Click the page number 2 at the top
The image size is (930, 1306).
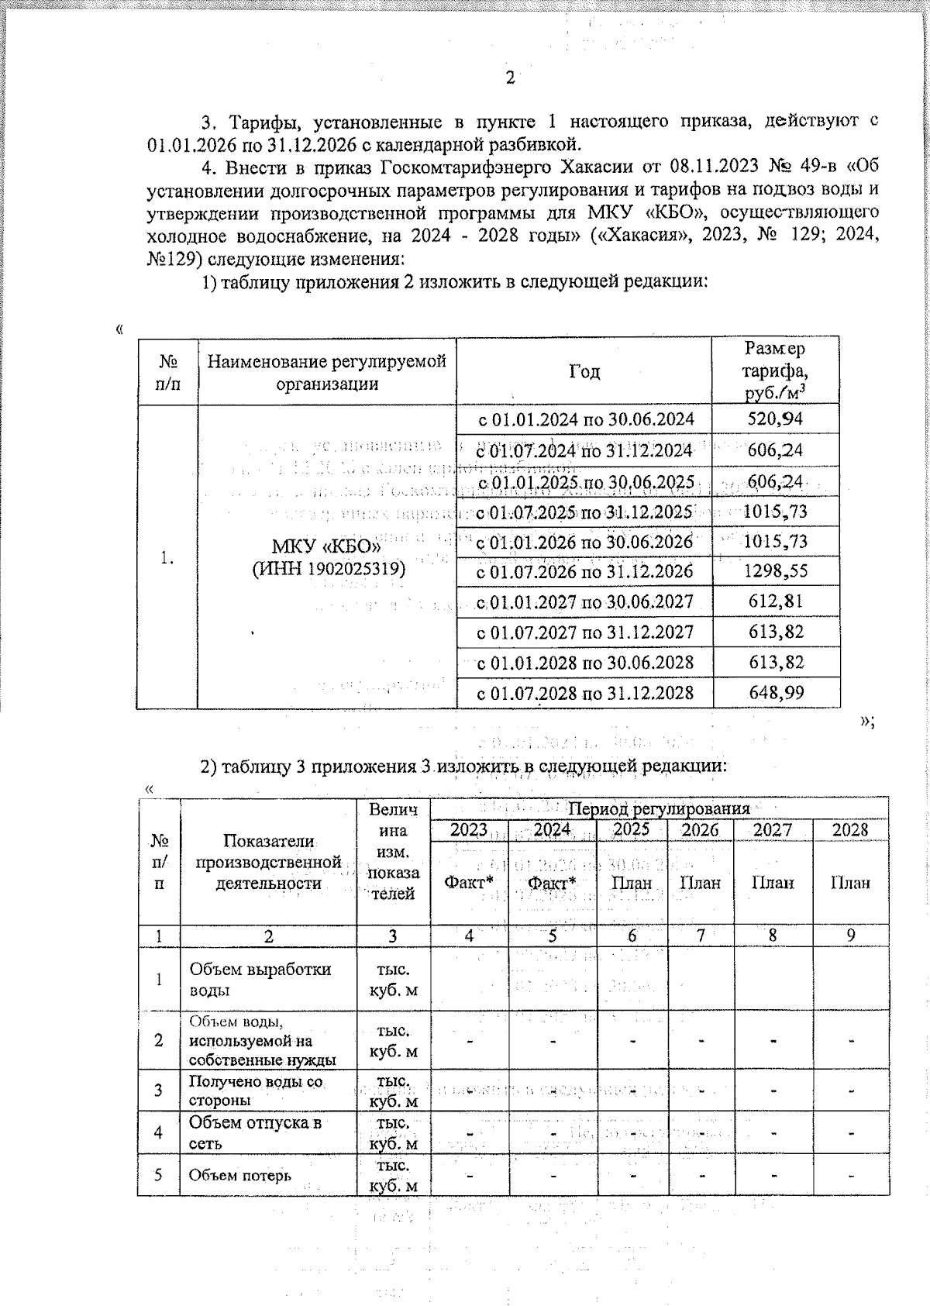pos(510,78)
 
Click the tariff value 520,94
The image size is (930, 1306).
pos(776,420)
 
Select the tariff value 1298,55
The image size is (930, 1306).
pos(776,572)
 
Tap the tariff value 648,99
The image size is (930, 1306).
pos(776,693)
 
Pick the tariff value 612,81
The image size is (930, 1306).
pos(776,602)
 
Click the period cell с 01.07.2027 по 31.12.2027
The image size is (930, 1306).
pos(584,632)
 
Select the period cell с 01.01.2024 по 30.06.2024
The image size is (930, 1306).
pos(584,420)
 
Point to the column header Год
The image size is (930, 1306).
pos(584,372)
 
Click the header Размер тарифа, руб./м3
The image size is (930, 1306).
pos(776,371)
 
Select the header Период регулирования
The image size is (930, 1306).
pos(660,808)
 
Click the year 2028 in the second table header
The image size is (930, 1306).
pos(850,830)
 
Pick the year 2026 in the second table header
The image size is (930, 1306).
pos(700,830)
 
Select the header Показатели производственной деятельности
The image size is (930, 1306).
pos(268,862)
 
